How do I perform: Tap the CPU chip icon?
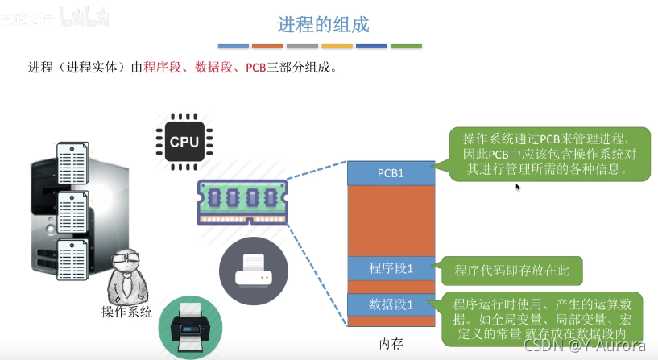(184, 142)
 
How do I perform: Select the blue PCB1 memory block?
(391, 173)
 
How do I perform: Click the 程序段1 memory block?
(391, 268)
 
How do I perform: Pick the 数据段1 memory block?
(391, 304)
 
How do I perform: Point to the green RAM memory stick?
(242, 201)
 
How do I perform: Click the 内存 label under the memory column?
(391, 344)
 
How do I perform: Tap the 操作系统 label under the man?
(126, 312)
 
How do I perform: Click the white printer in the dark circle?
(253, 270)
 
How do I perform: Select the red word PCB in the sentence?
(255, 68)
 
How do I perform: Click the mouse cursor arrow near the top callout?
(518, 187)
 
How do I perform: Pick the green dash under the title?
(406, 46)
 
